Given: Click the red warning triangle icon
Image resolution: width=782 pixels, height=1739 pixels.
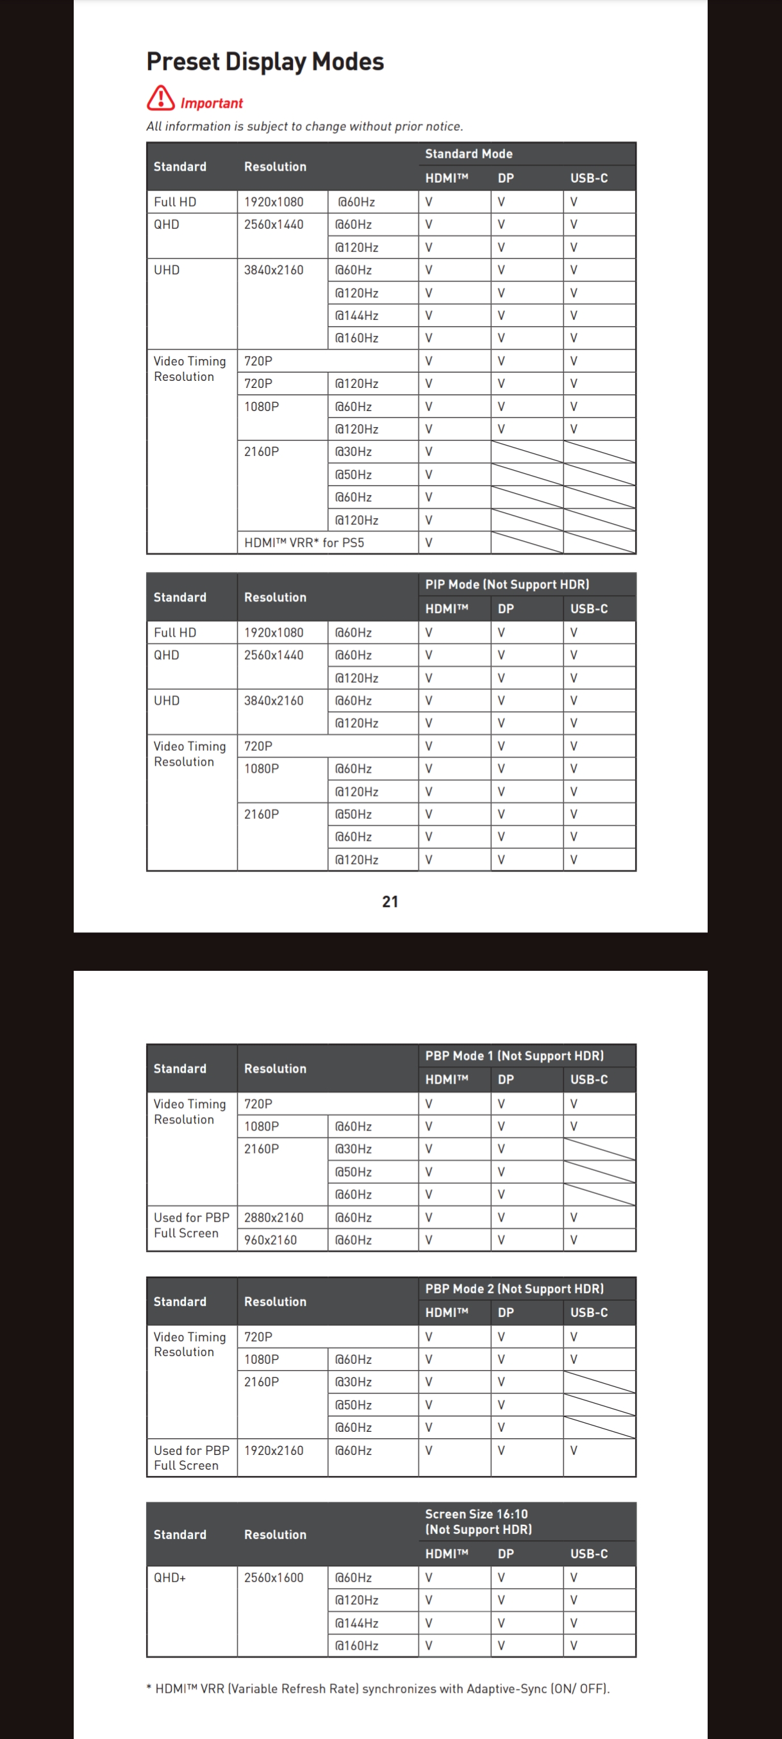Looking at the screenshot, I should point(161,98).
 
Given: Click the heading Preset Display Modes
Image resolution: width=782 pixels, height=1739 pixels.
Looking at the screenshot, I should point(265,62).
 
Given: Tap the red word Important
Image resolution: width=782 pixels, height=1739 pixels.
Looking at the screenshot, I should point(211,103).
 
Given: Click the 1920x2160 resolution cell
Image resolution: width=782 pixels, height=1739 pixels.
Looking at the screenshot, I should point(274,1450).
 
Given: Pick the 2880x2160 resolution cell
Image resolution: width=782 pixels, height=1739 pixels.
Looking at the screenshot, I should point(274,1217).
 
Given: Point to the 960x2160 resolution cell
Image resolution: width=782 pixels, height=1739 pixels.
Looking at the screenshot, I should point(270,1239).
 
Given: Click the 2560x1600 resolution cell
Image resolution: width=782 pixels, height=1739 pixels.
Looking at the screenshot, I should point(274,1577).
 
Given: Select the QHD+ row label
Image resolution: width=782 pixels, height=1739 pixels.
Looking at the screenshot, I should point(170,1577).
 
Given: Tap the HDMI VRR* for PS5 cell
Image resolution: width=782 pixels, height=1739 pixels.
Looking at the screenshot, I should point(304,542).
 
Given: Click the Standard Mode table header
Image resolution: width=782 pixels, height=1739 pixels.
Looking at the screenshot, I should point(469,154).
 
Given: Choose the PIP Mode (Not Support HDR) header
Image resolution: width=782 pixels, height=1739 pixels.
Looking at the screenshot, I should point(507,585).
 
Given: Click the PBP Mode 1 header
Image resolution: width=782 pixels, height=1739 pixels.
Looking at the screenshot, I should point(514,1056).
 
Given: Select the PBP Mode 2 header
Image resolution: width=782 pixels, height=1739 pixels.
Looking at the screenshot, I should point(514,1289).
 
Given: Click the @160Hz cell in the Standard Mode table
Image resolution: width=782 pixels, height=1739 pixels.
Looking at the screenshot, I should point(356,338).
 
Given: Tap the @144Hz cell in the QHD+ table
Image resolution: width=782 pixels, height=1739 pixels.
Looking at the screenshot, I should point(356,1623).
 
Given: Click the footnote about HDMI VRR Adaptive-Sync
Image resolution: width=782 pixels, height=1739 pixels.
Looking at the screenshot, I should point(378,1688).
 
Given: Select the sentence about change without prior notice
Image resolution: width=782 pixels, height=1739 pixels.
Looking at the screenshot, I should point(304,126).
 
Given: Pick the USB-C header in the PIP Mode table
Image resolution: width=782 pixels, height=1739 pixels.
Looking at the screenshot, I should point(589,609).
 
